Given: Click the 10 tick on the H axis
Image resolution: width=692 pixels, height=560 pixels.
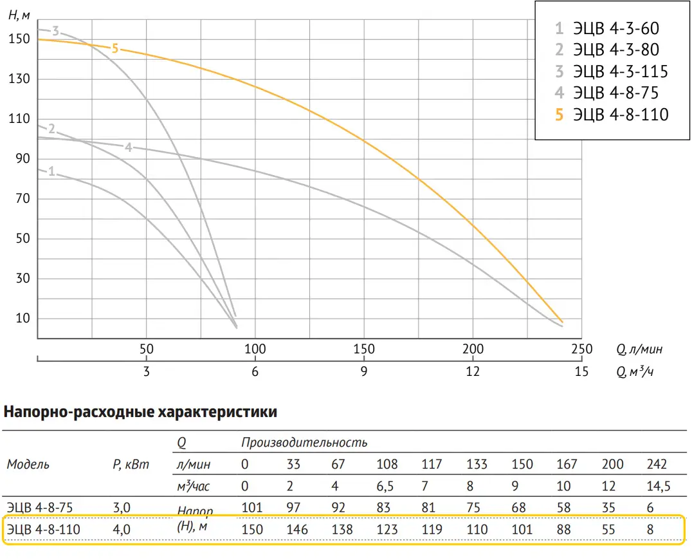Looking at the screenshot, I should (24, 319).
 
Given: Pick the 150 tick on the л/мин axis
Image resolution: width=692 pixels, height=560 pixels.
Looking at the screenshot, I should (364, 349).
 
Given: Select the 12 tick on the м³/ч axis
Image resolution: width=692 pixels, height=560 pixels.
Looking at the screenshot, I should (473, 371).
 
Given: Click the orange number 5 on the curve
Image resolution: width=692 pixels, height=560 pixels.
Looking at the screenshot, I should (115, 48).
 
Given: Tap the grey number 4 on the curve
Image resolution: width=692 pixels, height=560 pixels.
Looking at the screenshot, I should (129, 147).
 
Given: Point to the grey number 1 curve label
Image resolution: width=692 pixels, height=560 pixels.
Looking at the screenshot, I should (51, 171).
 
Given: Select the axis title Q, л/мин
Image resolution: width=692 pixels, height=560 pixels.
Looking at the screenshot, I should (639, 350).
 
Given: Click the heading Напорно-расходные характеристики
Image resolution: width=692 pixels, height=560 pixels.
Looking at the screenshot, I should (141, 412).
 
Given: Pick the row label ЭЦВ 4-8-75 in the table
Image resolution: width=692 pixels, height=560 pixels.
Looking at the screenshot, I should (41, 507).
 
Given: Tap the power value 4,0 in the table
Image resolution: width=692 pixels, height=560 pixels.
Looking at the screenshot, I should (122, 530).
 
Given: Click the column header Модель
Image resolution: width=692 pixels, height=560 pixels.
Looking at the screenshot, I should (28, 464).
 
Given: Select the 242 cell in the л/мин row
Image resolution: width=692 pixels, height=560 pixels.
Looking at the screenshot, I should (657, 464).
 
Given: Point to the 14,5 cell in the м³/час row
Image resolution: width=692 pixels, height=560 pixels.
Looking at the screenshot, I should (657, 486).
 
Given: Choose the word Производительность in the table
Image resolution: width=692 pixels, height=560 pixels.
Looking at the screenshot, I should (304, 442).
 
